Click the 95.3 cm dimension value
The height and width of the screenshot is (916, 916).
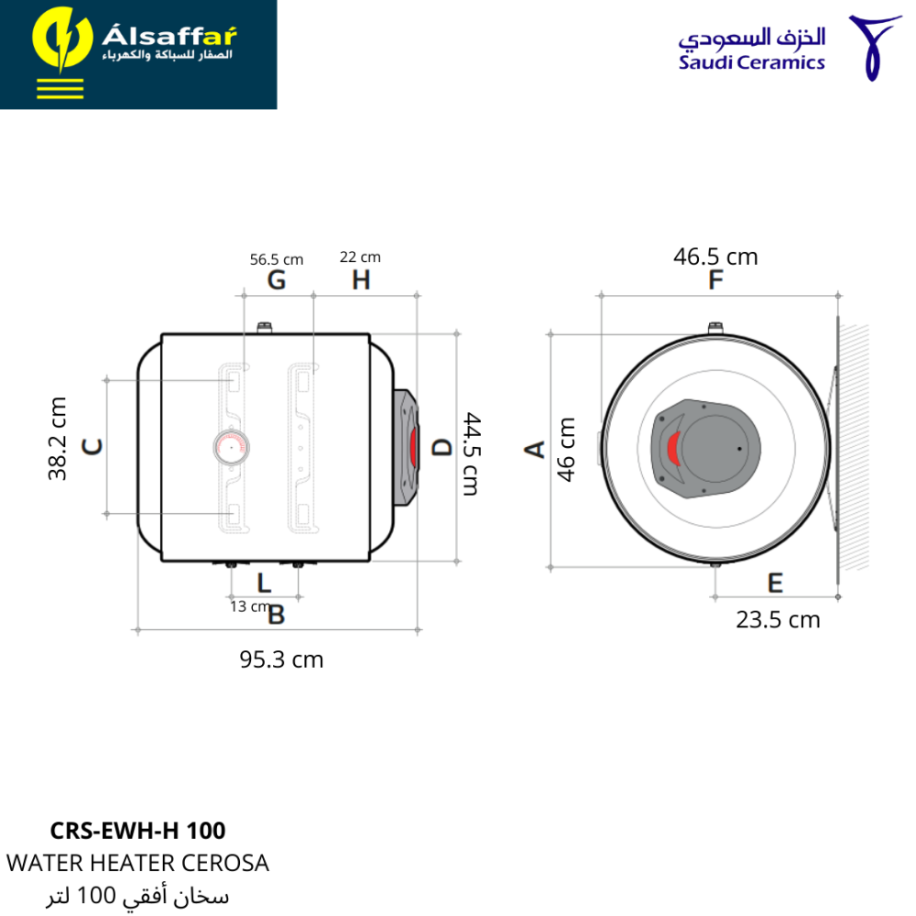(281, 660)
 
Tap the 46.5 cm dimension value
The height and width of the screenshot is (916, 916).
(715, 256)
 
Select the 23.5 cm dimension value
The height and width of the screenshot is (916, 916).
(778, 620)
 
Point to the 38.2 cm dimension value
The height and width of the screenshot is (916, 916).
(57, 439)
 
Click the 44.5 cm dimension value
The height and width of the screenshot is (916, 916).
(472, 454)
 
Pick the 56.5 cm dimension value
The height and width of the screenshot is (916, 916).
(277, 259)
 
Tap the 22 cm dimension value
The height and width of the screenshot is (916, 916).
(360, 257)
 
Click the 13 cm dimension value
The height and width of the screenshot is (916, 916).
(249, 606)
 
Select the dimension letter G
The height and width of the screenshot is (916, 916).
(277, 280)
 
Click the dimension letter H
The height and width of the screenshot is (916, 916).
(361, 280)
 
